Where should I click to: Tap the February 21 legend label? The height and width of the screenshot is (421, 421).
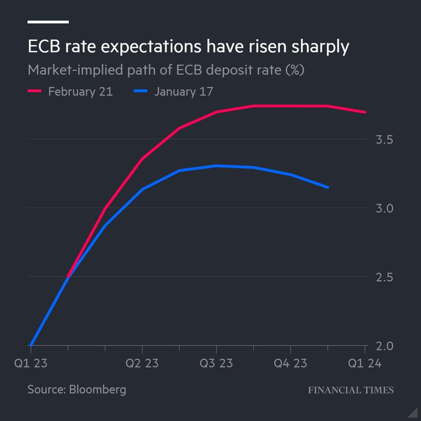tap(81, 92)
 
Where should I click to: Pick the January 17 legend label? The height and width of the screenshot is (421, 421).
tap(184, 92)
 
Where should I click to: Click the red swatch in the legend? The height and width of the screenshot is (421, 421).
tap(35, 92)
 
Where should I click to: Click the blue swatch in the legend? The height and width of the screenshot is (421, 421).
tap(140, 92)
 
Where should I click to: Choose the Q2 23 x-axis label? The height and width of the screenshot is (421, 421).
tap(142, 363)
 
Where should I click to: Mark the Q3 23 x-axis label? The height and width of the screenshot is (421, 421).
tap(216, 363)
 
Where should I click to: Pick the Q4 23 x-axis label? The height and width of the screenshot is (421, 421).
tap(290, 363)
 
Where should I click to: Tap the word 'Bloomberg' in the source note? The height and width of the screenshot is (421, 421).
tap(99, 389)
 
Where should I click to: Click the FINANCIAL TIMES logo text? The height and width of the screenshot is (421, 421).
tap(350, 390)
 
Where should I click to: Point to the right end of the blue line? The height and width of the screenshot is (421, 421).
tap(328, 187)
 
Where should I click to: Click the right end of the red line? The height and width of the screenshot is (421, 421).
tap(366, 112)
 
